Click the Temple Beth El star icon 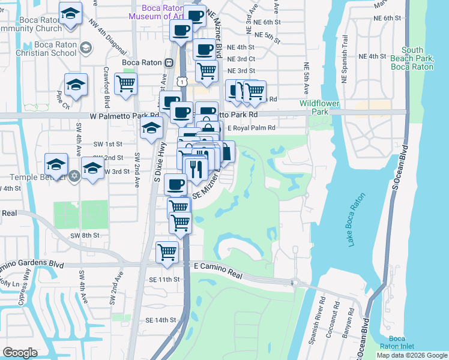click(74, 177)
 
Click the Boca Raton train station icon click(169, 62)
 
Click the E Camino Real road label click(217, 265)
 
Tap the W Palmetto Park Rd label click(124, 115)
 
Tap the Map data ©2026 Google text click(412, 355)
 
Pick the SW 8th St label click(83, 236)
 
